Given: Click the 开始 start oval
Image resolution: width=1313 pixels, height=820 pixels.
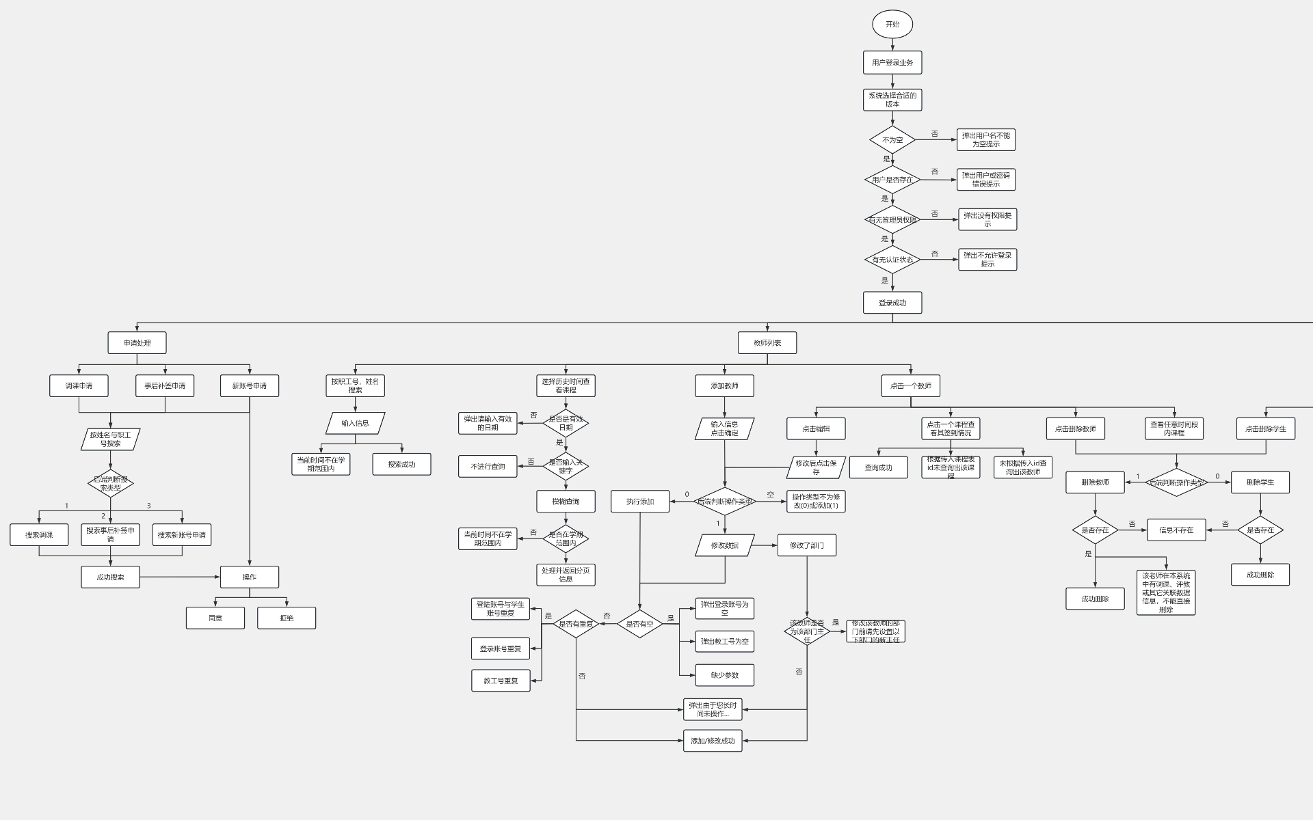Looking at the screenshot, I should click(x=892, y=25).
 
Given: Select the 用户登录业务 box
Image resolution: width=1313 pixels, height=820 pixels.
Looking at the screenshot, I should click(x=892, y=63).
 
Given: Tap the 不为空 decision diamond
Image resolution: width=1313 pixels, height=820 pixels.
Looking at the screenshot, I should click(x=892, y=140).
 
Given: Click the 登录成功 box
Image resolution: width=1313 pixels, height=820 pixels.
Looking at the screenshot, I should click(x=892, y=303).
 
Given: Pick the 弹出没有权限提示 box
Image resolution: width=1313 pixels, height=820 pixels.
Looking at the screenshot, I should click(x=987, y=219).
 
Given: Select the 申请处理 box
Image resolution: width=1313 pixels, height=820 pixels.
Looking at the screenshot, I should click(x=137, y=343).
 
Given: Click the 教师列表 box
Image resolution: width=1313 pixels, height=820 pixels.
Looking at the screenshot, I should click(x=767, y=343).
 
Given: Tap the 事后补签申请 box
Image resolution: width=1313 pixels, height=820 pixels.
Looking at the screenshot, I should click(x=165, y=386).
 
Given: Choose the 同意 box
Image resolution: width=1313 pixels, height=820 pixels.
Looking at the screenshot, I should click(x=215, y=618).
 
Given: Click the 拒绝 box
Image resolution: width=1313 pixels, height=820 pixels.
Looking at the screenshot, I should click(x=287, y=618).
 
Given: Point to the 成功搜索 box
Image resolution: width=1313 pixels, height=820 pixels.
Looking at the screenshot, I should click(x=110, y=577).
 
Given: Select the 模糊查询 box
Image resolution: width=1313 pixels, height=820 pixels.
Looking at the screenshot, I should click(x=566, y=502).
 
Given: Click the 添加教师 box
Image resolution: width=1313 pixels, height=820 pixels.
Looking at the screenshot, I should click(x=725, y=386).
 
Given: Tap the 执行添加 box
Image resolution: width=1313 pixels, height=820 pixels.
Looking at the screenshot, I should click(x=640, y=502).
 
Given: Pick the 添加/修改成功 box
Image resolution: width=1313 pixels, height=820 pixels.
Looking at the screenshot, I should click(x=713, y=741).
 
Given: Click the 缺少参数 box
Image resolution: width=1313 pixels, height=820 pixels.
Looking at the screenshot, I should click(x=725, y=675).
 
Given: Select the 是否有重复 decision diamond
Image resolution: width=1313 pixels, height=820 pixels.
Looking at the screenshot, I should click(x=576, y=624).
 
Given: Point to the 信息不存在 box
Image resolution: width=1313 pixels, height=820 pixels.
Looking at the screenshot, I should click(x=1176, y=530).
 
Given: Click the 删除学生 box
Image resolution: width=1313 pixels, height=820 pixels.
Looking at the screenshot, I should click(x=1260, y=482).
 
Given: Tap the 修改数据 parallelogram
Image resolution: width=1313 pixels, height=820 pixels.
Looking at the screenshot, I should click(x=725, y=545).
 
